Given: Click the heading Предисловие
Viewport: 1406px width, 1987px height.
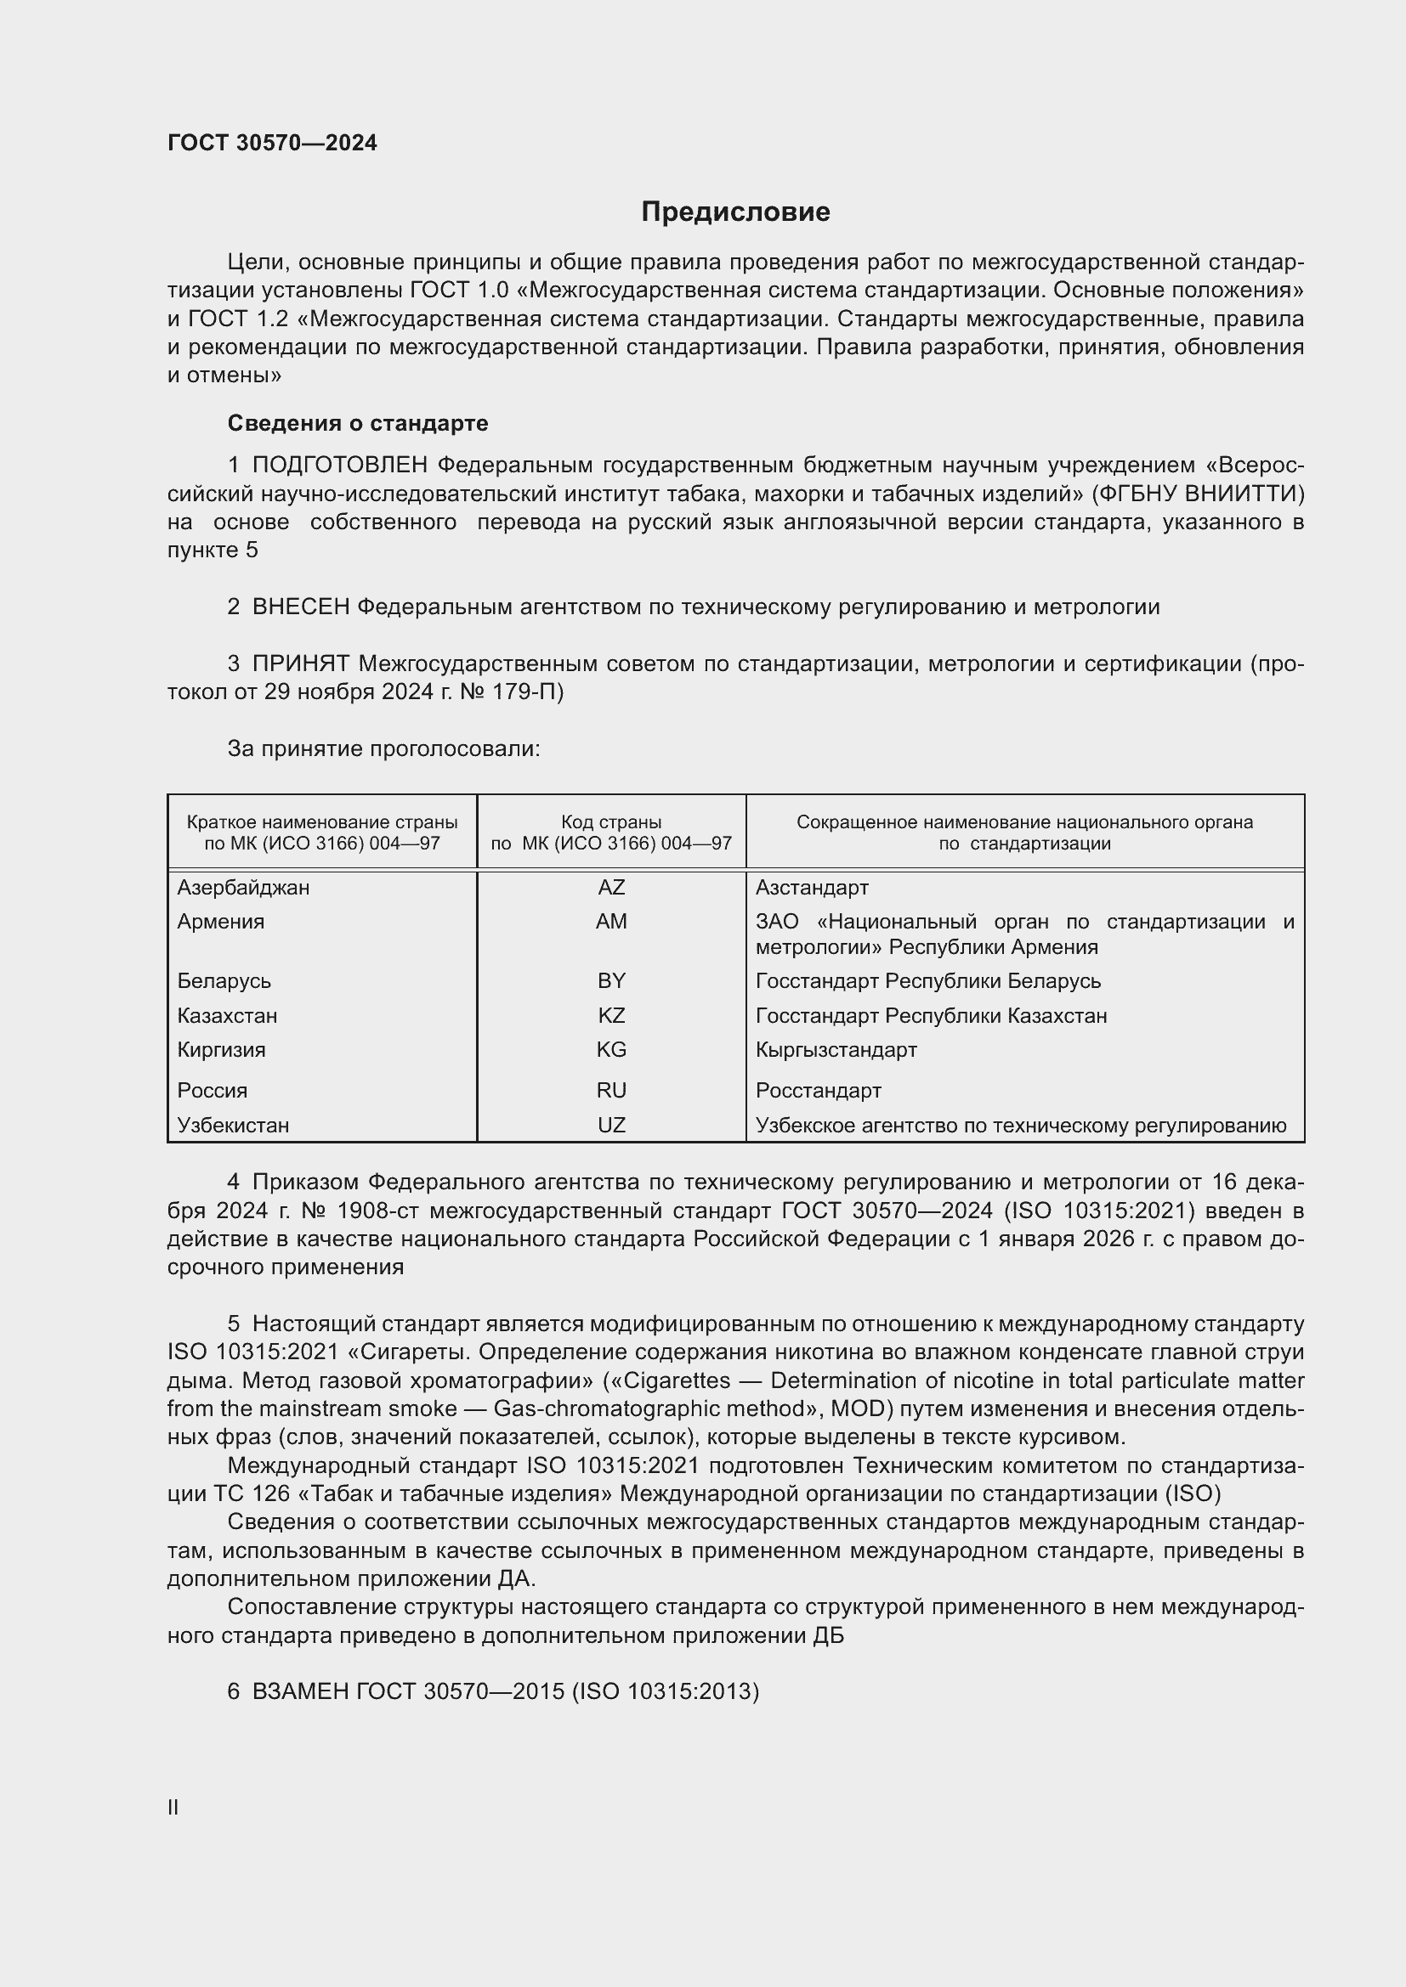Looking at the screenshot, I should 735,212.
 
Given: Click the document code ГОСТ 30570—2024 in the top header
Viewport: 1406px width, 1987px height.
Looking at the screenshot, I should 272,144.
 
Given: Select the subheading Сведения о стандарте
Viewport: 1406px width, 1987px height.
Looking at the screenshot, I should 358,423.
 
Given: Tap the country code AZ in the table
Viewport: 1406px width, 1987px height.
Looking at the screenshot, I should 611,888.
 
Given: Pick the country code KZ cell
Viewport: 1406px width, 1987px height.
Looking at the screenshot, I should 611,1015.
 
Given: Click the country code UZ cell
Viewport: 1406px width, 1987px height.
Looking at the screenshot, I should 611,1125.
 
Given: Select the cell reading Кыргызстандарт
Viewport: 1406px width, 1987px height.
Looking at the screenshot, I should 836,1050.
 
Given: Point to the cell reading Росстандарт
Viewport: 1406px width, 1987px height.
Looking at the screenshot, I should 818,1091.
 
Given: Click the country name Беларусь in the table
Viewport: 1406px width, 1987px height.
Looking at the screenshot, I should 224,981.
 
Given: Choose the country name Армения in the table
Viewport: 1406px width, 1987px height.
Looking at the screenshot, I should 221,922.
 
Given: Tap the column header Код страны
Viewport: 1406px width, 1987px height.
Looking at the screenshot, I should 611,822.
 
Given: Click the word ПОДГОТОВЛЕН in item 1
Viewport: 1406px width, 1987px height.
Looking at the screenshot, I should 339,466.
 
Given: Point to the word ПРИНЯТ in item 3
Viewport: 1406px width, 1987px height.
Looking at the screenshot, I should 300,664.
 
